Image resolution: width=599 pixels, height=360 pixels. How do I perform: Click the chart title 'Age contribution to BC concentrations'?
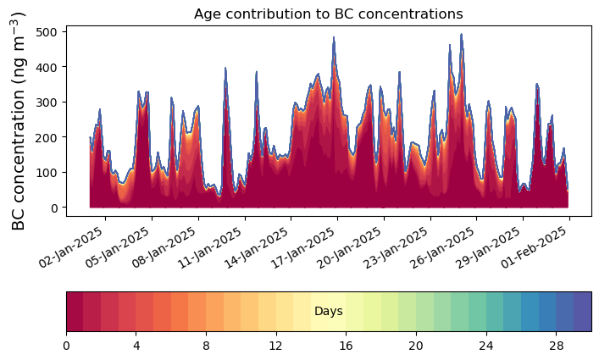pos(328,14)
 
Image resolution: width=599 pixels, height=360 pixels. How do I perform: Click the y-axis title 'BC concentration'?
pos(19,120)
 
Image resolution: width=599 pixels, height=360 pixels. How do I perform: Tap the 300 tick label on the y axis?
pos(47,102)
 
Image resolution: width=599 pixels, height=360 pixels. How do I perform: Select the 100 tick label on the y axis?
pos(47,172)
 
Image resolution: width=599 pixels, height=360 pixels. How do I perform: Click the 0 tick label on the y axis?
pos(53,208)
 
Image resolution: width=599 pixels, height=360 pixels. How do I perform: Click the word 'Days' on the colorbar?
pos(328,312)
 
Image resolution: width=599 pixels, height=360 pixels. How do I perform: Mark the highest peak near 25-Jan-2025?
pos(462,36)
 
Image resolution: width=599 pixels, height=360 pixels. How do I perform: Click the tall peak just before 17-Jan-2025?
pos(334,39)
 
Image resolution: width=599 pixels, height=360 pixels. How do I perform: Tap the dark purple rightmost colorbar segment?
pos(582,312)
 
